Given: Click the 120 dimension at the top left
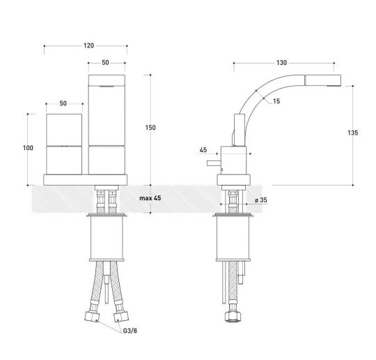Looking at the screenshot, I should [x=88, y=46].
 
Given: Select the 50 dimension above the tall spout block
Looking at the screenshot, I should [x=104, y=63].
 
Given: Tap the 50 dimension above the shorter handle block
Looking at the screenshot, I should [x=63, y=103].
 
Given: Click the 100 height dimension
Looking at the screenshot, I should [x=28, y=148].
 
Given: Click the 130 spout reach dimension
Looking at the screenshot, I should [x=281, y=63].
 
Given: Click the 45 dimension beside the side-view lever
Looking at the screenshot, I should [x=203, y=149].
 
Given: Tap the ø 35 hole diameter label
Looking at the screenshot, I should [x=261, y=200].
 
